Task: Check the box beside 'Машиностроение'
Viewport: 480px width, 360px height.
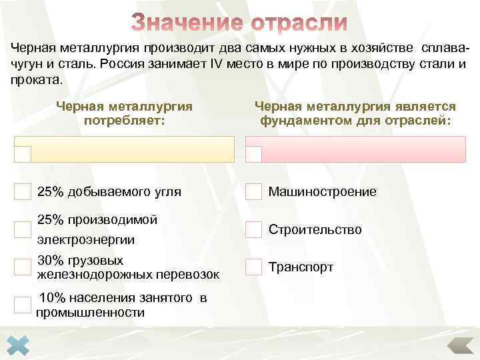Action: (254, 192)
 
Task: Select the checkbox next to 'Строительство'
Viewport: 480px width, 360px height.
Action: (254, 229)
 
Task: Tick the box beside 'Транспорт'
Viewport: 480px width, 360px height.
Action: (254, 267)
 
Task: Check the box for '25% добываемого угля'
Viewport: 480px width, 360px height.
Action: (23, 192)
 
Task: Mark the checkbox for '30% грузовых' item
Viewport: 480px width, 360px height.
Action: (23, 267)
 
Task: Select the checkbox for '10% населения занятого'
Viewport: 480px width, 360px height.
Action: (23, 305)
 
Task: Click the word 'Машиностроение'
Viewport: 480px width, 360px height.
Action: (322, 192)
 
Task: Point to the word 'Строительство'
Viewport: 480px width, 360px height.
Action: (315, 229)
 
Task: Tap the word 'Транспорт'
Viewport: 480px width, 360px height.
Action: (301, 267)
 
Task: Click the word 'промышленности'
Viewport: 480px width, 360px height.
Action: (91, 312)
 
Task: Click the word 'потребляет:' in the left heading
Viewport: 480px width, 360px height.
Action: (125, 121)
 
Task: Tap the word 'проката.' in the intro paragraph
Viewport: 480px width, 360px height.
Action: (35, 80)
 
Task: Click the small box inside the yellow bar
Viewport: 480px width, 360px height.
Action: (23, 154)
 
